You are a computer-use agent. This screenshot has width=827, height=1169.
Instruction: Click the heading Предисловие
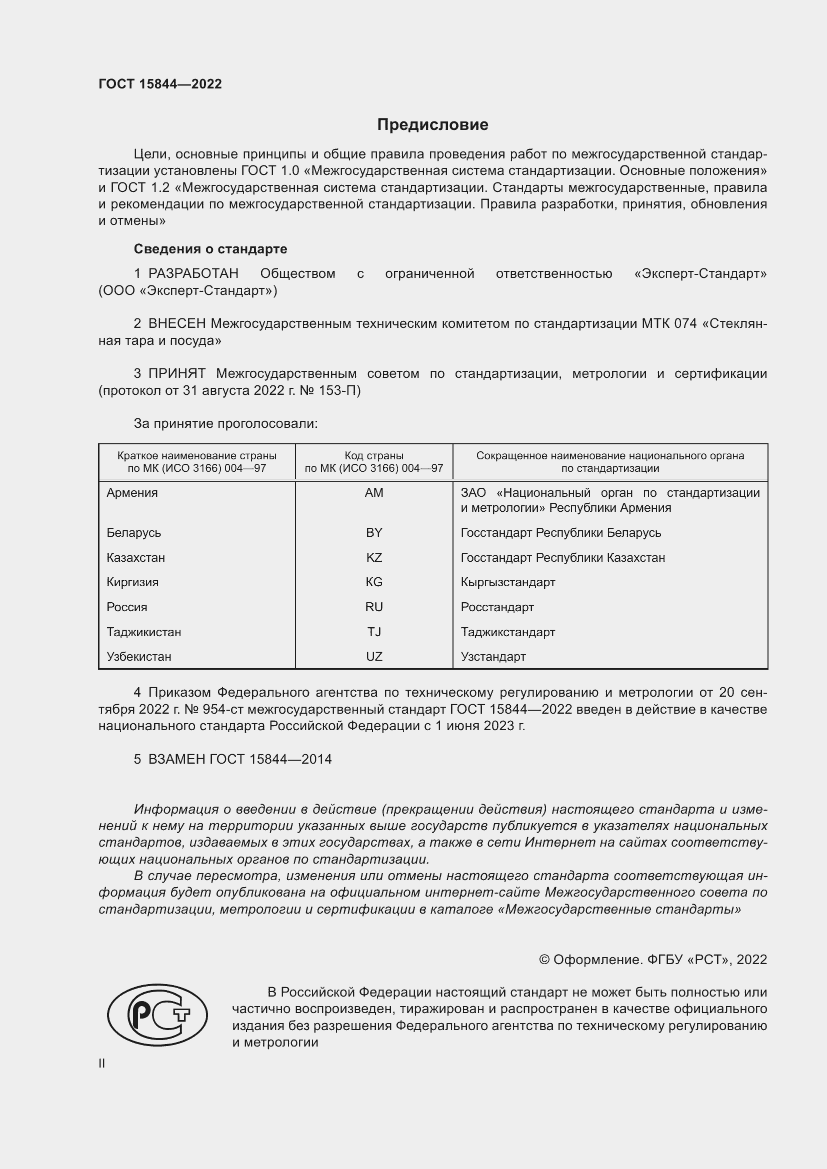coord(432,125)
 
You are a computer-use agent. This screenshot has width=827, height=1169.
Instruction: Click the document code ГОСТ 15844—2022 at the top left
coord(160,84)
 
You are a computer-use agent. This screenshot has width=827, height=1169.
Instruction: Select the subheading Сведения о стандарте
coord(210,249)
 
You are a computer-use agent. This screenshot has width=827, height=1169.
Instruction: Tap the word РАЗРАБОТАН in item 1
coord(193,274)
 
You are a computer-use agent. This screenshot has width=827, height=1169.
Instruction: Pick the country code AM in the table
coord(374,493)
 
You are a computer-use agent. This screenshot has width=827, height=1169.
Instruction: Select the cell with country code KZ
coord(374,558)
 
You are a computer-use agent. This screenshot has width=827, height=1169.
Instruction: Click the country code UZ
coord(374,656)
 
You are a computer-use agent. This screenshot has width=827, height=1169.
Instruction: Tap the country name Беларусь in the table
coord(134,533)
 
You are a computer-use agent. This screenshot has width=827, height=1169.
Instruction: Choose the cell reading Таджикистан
coord(143,632)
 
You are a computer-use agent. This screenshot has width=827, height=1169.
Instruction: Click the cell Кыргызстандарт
coord(507,582)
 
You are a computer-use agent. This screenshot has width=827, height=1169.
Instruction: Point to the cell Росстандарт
coord(497,607)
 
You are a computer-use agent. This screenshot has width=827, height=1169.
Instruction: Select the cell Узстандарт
coord(493,656)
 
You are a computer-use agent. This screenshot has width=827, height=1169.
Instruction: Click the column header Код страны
coord(374,456)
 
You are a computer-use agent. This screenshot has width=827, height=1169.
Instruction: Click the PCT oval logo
coord(157,1014)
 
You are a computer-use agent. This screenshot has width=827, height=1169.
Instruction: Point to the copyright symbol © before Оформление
coord(544,960)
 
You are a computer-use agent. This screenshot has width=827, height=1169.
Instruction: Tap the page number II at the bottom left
coord(102,1063)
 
